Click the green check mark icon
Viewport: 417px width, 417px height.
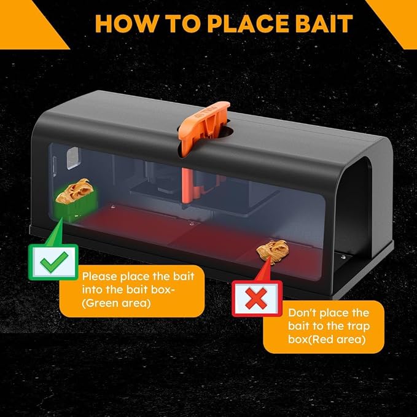[x=54, y=262]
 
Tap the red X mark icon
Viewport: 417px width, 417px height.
[x=256, y=298]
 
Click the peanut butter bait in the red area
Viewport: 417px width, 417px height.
[x=273, y=249]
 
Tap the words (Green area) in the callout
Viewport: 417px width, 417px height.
[x=116, y=303]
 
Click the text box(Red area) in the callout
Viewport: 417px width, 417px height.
[x=327, y=340]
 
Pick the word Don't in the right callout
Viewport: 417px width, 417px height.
[x=301, y=313]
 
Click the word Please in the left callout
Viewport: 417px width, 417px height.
[x=99, y=276]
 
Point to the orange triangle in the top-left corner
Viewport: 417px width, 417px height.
[x=24, y=21]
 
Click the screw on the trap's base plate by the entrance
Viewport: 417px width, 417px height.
[x=343, y=257]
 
